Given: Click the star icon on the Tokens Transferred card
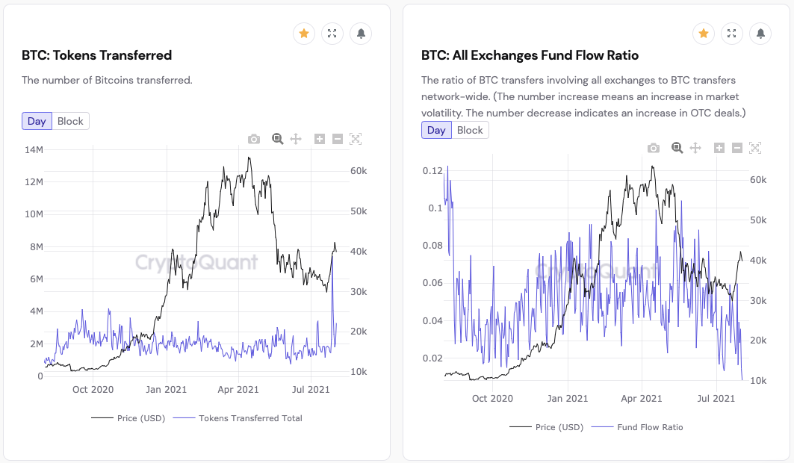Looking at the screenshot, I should (x=304, y=34).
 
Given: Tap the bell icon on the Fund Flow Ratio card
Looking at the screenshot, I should (x=760, y=34).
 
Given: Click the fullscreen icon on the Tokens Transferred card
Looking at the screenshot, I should (x=332, y=34).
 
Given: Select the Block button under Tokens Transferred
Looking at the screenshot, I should (x=70, y=121).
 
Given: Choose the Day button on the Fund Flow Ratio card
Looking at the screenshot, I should (x=436, y=130).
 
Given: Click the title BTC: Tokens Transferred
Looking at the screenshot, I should (x=97, y=55).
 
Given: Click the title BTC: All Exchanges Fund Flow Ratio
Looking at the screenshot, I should (x=530, y=55).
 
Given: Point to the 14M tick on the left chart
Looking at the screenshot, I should (x=34, y=150).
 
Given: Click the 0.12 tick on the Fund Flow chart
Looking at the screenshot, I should (x=433, y=171).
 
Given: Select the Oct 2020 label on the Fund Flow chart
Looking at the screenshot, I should (x=492, y=398).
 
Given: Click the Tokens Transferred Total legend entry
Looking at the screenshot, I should (x=250, y=418).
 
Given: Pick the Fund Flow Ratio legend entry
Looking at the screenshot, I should (x=650, y=427).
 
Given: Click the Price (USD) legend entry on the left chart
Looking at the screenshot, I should (x=140, y=418).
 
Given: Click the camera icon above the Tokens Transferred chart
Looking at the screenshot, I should (x=254, y=139).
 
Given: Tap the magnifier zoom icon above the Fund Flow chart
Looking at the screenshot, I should (x=677, y=148).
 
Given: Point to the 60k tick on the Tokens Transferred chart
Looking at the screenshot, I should (x=359, y=171).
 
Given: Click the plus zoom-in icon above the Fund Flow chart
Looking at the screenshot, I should (x=719, y=148).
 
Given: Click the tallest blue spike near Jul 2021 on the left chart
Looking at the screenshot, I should (x=332, y=258).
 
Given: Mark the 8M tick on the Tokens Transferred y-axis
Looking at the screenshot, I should (x=35, y=247).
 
